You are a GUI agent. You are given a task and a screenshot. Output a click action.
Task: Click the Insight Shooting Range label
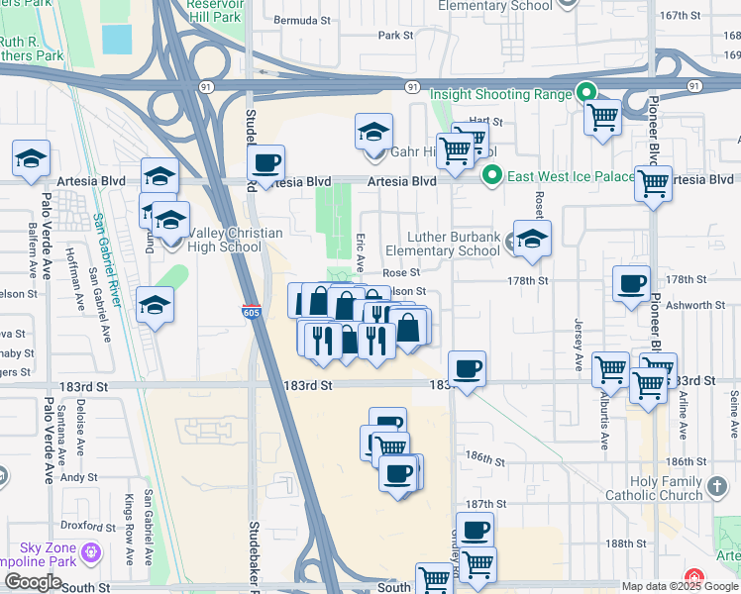tap(501, 94)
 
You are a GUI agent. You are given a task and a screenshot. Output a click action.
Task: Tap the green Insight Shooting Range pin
tap(585, 94)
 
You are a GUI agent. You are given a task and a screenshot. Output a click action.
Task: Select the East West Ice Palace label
tap(571, 176)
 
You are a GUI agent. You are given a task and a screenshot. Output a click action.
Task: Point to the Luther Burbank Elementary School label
tap(443, 244)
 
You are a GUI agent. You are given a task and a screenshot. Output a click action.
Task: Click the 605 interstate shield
tap(252, 311)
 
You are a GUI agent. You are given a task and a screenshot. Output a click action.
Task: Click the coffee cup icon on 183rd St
tap(468, 368)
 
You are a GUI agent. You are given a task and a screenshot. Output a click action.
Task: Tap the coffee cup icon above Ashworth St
tap(631, 283)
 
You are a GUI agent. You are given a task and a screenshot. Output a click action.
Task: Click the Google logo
tap(33, 582)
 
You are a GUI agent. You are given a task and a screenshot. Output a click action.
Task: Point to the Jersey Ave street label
tap(578, 341)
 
